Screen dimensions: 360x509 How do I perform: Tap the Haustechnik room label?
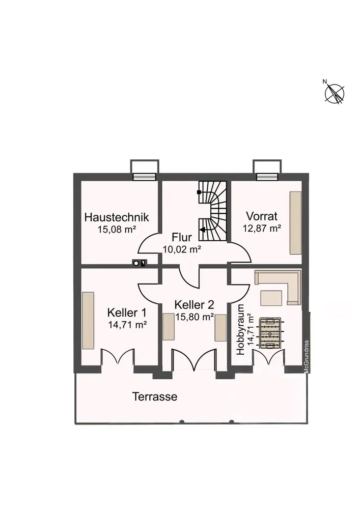117,217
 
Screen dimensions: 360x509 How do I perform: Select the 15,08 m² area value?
117,229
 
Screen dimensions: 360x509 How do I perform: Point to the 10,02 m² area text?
182,249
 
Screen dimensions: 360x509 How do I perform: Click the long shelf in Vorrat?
296,222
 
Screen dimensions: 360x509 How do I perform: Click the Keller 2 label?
194,305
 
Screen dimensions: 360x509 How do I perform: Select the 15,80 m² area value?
194,317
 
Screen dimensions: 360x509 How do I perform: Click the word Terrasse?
155,397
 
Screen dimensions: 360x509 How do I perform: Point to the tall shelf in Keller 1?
89,321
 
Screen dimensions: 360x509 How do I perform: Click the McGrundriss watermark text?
307,356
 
